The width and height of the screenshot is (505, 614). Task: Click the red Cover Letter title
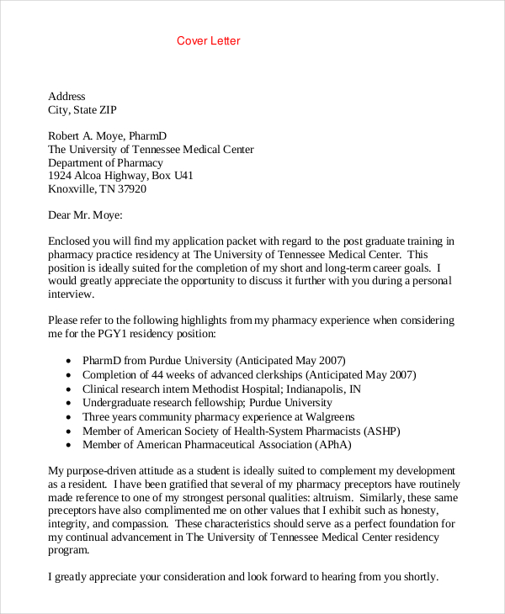(209, 41)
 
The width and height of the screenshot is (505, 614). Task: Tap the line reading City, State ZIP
(82, 109)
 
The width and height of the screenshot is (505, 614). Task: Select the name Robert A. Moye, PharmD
(108, 136)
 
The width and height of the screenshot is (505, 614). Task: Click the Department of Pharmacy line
(105, 163)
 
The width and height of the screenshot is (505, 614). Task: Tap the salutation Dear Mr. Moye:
(85, 215)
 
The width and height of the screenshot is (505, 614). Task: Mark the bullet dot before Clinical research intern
(67, 390)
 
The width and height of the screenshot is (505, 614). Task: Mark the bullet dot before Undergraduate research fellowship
(67, 404)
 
